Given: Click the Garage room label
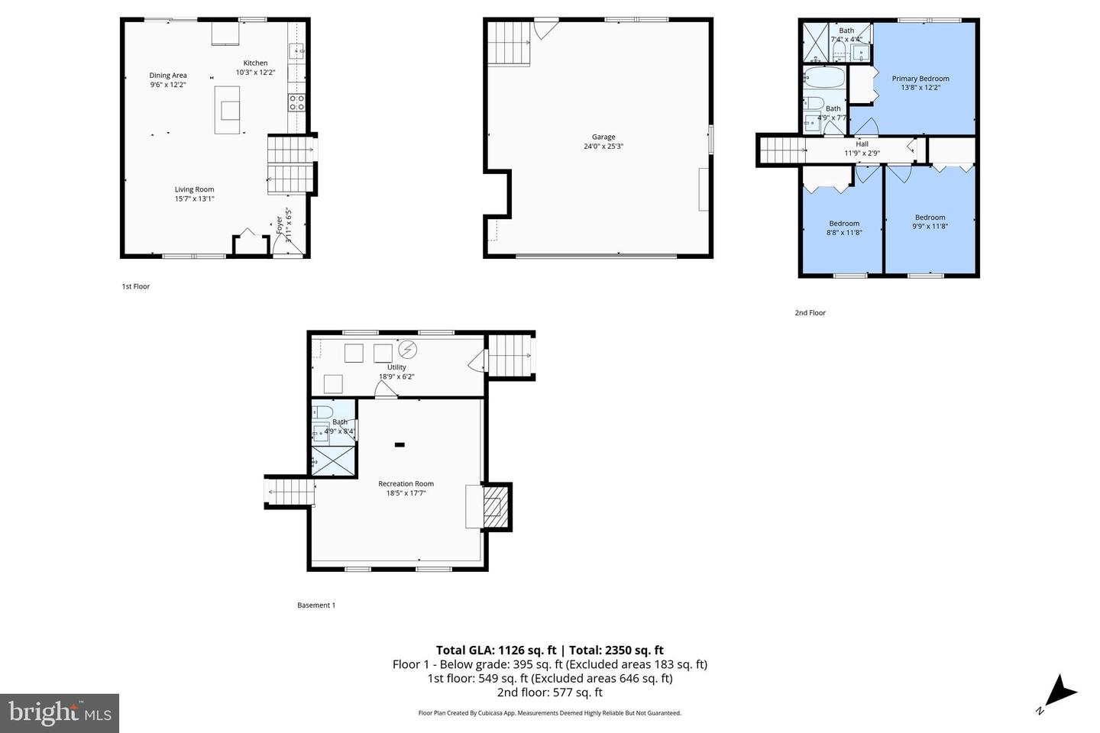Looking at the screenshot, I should [603, 137].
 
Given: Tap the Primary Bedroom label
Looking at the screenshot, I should [920, 79].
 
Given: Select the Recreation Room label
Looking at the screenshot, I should [406, 483].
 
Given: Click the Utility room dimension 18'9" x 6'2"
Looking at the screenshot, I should [396, 376].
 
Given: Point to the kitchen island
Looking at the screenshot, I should [227, 110].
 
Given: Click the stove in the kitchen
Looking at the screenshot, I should [296, 102].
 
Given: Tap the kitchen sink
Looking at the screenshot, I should [296, 52].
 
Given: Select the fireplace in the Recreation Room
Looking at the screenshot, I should [494, 507].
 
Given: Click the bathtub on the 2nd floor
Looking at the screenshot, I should [823, 78].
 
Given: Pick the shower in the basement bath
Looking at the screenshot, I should [333, 460].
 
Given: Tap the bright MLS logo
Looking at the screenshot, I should [59, 713].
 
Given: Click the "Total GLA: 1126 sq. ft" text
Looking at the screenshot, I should [495, 651].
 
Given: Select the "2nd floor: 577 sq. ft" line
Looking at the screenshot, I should [549, 693].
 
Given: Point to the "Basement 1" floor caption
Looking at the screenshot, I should [316, 605].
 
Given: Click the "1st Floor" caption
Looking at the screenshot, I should [136, 287].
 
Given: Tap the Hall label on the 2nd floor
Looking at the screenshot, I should [862, 144].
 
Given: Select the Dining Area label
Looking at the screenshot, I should [168, 75].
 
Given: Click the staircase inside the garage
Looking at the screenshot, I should [509, 43].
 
